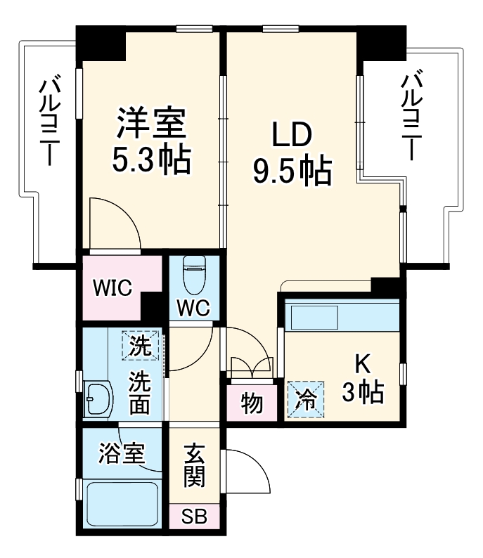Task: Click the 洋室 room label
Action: click(150, 123)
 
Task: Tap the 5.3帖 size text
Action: click(150, 161)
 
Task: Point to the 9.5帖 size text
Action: click(292, 171)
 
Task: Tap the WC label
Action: click(193, 306)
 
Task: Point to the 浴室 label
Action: click(122, 454)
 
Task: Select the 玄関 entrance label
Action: click(195, 465)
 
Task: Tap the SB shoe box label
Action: click(195, 518)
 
